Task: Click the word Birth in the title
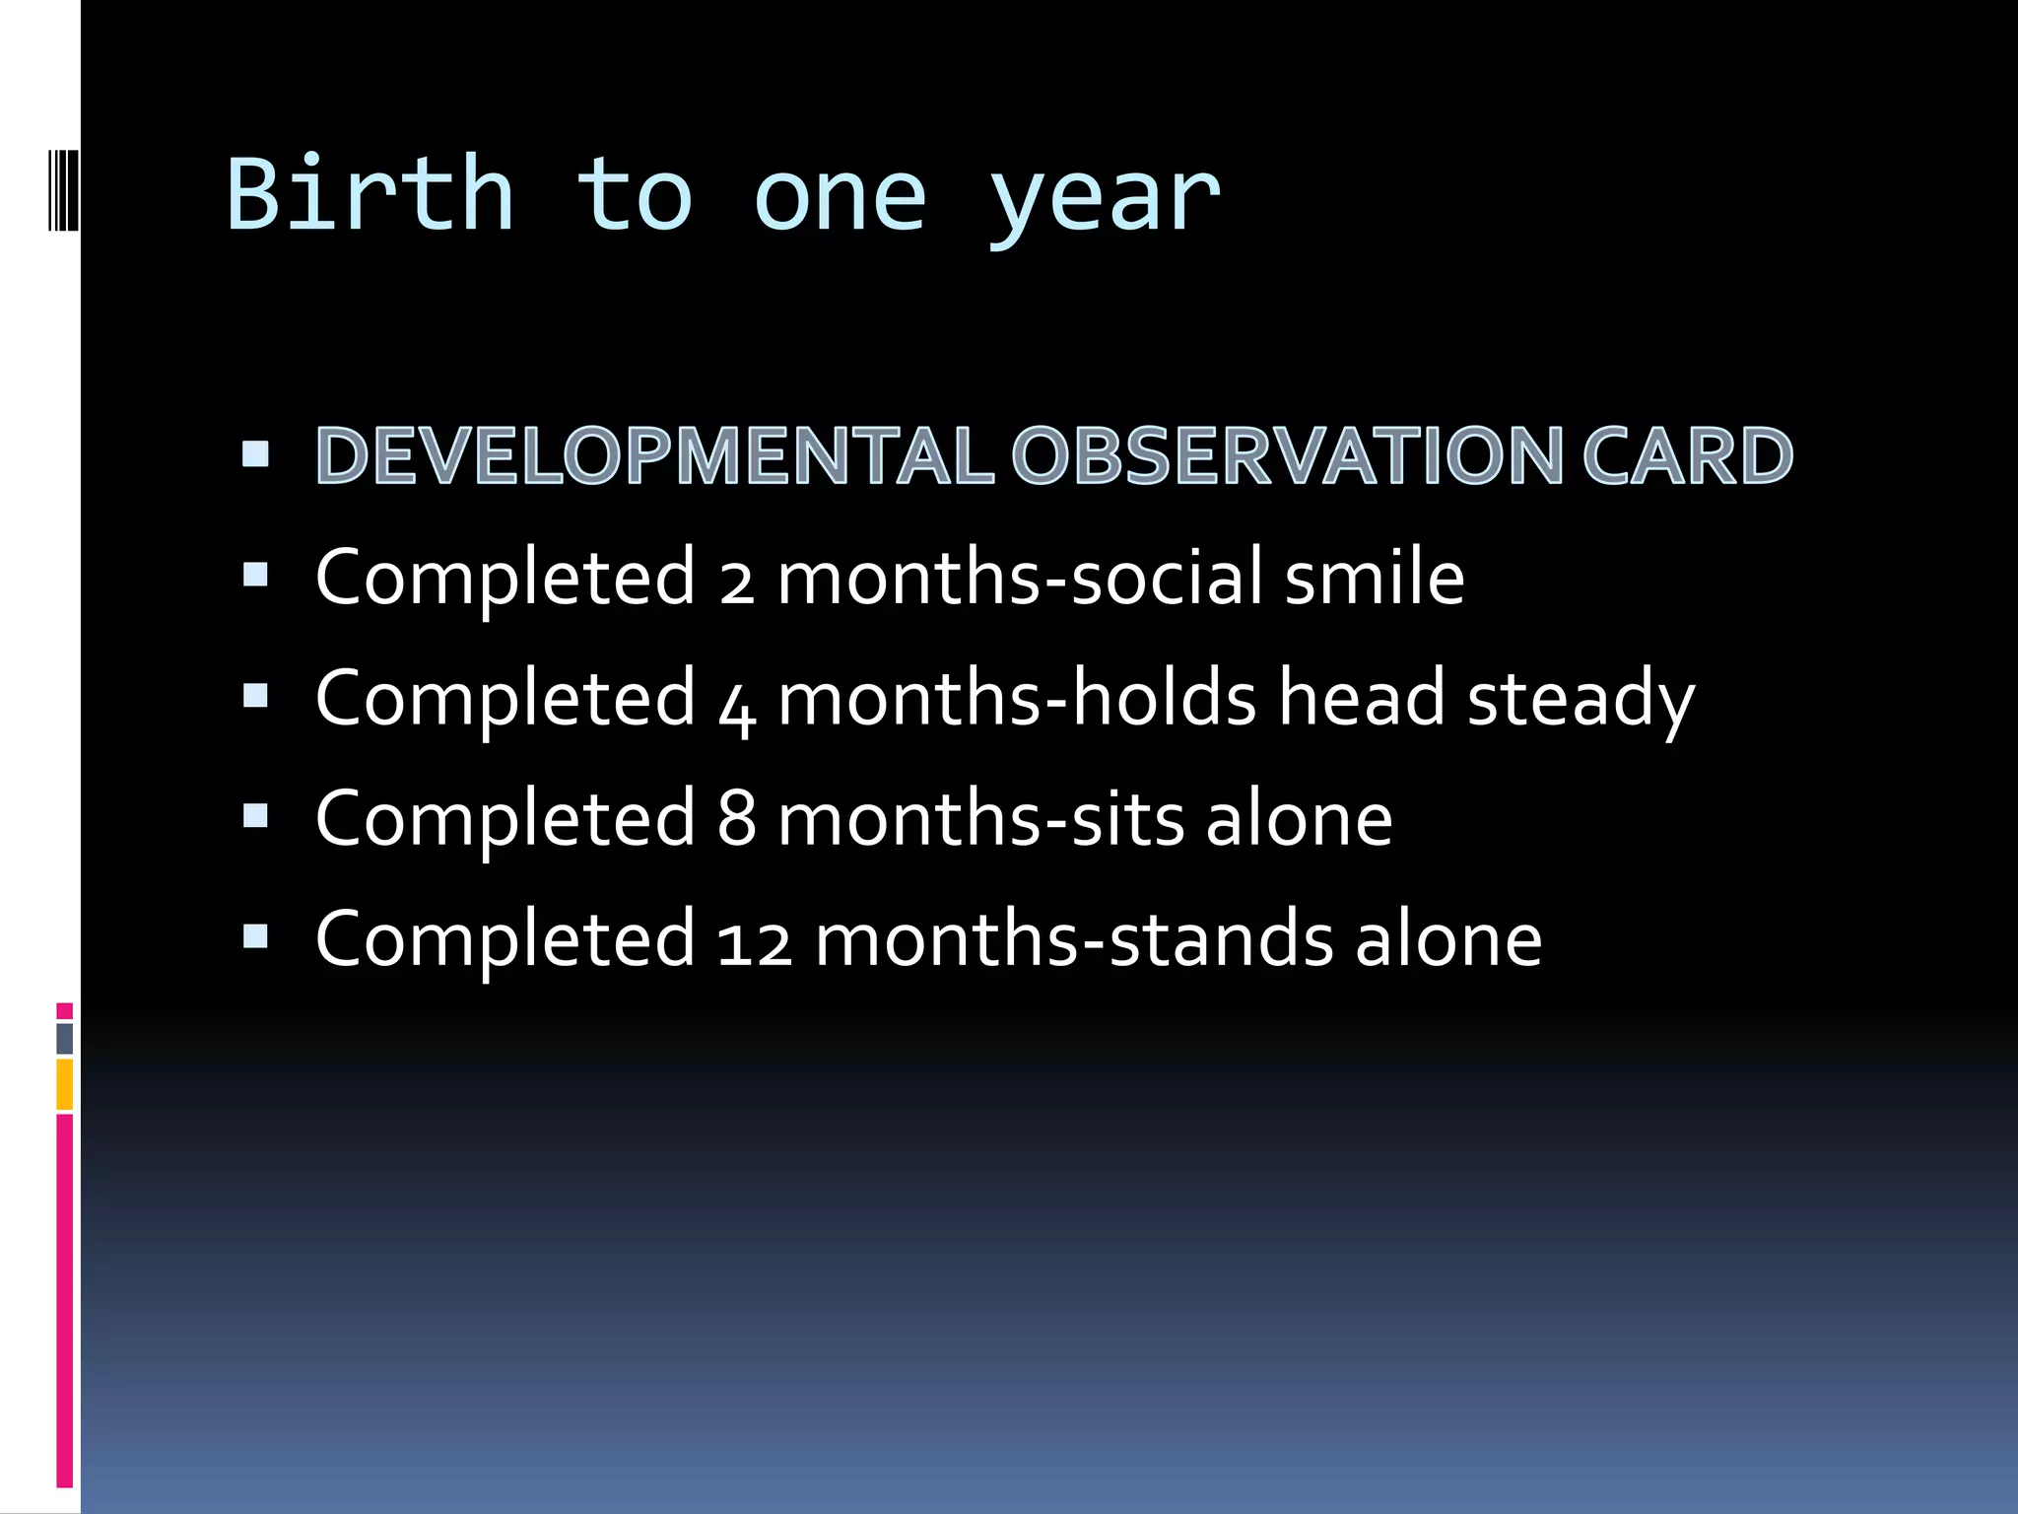(x=370, y=194)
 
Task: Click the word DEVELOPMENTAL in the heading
(x=653, y=456)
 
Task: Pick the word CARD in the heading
(x=1687, y=456)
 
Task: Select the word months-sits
(x=980, y=819)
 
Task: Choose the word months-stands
(x=1074, y=940)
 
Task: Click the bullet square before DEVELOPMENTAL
(x=255, y=453)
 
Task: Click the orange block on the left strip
(x=64, y=1084)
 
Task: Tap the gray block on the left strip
(x=64, y=1038)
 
